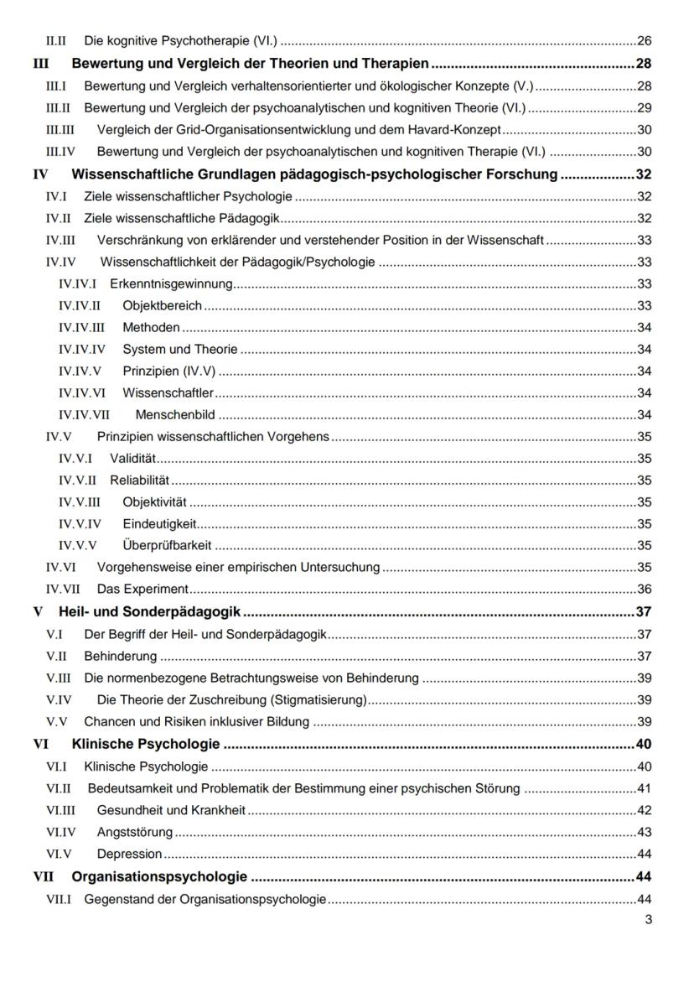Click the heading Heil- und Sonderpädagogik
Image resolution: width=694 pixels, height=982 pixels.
pyautogui.click(x=150, y=611)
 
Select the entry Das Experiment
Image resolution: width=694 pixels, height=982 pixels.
pyautogui.click(x=142, y=589)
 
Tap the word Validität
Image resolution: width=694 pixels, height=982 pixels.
pyautogui.click(x=133, y=458)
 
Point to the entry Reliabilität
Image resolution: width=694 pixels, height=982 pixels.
pyautogui.click(x=140, y=480)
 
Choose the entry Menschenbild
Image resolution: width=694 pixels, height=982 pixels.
pyautogui.click(x=175, y=414)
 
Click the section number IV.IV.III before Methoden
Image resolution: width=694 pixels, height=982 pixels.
pyautogui.click(x=81, y=327)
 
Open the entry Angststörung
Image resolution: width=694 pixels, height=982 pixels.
pyautogui.click(x=135, y=832)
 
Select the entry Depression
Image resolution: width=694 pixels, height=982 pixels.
pyautogui.click(x=129, y=854)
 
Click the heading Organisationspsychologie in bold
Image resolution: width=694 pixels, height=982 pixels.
pyautogui.click(x=159, y=877)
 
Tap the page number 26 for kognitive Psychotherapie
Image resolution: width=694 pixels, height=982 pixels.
pyautogui.click(x=645, y=40)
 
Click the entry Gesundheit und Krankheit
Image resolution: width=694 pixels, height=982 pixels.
pyautogui.click(x=171, y=810)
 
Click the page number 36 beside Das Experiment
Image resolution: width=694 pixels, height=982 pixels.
pyautogui.click(x=645, y=589)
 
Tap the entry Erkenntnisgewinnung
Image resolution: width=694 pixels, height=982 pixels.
pyautogui.click(x=171, y=283)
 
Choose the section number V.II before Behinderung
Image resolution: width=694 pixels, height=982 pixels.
pyautogui.click(x=58, y=656)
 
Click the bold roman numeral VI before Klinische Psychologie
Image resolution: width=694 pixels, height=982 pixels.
pyautogui.click(x=40, y=744)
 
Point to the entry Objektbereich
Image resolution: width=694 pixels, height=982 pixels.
pyautogui.click(x=162, y=305)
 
